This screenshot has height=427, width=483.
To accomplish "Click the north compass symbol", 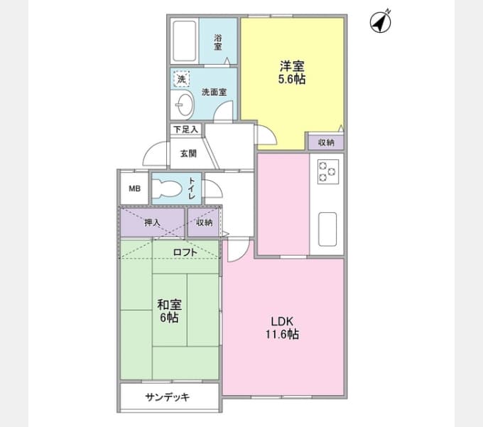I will tap(381, 22).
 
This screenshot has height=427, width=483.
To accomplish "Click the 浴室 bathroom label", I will tap(218, 42).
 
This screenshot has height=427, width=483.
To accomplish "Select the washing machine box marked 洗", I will tap(181, 80).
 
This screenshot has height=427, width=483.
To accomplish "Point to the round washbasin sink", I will tap(182, 105).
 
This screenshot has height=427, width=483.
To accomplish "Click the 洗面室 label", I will tap(213, 92).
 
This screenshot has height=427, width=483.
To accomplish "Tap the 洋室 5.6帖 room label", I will tap(292, 73).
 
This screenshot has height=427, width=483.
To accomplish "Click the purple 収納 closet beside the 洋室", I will tap(326, 142).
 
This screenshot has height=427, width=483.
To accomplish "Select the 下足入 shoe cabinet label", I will tap(186, 130).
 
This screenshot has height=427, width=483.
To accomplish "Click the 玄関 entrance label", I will tap(187, 153).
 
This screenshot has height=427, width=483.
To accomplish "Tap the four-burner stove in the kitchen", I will tap(327, 171).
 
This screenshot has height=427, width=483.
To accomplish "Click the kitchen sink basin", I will tap(327, 228).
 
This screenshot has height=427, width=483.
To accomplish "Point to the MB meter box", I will tap(134, 189).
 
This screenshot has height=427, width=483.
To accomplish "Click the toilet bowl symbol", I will tap(170, 189).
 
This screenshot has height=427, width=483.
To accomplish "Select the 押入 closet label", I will tap(153, 222).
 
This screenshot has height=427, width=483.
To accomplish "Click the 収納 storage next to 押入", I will tap(205, 222).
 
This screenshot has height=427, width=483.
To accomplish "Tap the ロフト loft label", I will tap(185, 251).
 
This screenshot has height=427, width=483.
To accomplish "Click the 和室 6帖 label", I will tap(170, 311).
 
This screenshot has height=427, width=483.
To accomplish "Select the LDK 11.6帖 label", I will tap(282, 327).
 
